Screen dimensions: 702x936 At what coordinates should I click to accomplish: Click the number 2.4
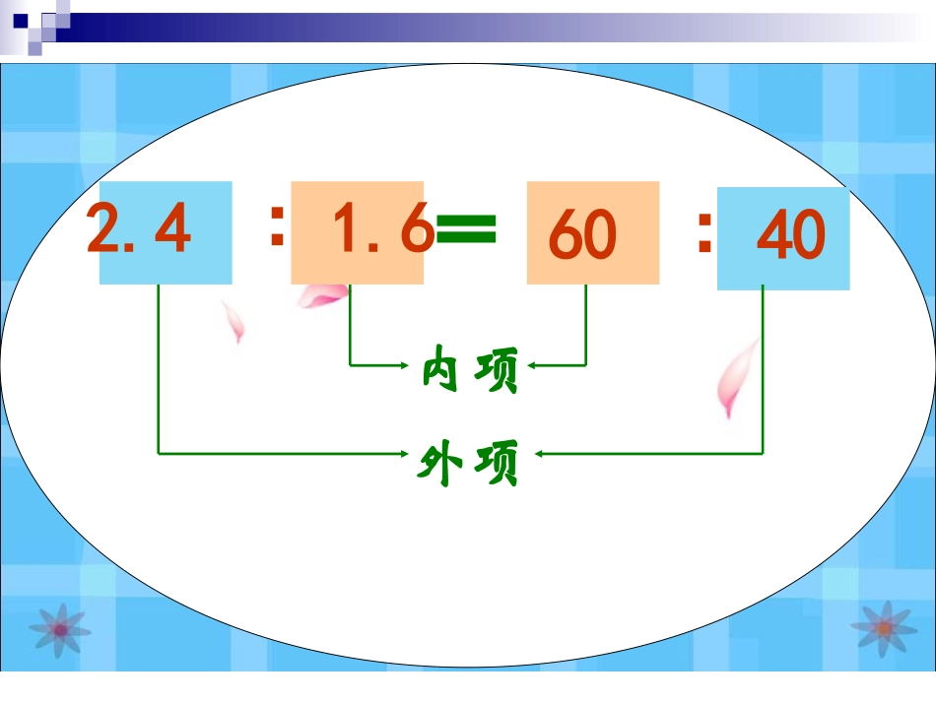(139, 230)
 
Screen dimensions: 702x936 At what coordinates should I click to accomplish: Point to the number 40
(790, 237)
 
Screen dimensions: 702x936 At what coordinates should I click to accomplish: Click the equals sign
(466, 232)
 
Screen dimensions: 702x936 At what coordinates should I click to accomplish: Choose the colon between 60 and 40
(703, 234)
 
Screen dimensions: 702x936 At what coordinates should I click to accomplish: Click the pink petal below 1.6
(322, 294)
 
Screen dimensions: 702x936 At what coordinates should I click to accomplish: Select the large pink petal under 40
(738, 379)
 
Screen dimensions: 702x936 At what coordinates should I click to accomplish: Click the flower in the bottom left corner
(59, 626)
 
